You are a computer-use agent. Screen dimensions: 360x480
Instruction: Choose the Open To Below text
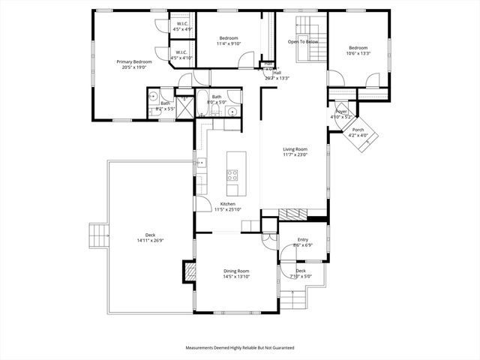click(x=303, y=41)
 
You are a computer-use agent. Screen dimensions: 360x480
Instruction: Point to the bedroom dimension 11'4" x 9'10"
click(x=229, y=43)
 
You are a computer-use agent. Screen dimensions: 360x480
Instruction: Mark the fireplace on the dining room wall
click(x=189, y=271)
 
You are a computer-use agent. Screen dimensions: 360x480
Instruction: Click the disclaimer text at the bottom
click(x=240, y=348)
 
